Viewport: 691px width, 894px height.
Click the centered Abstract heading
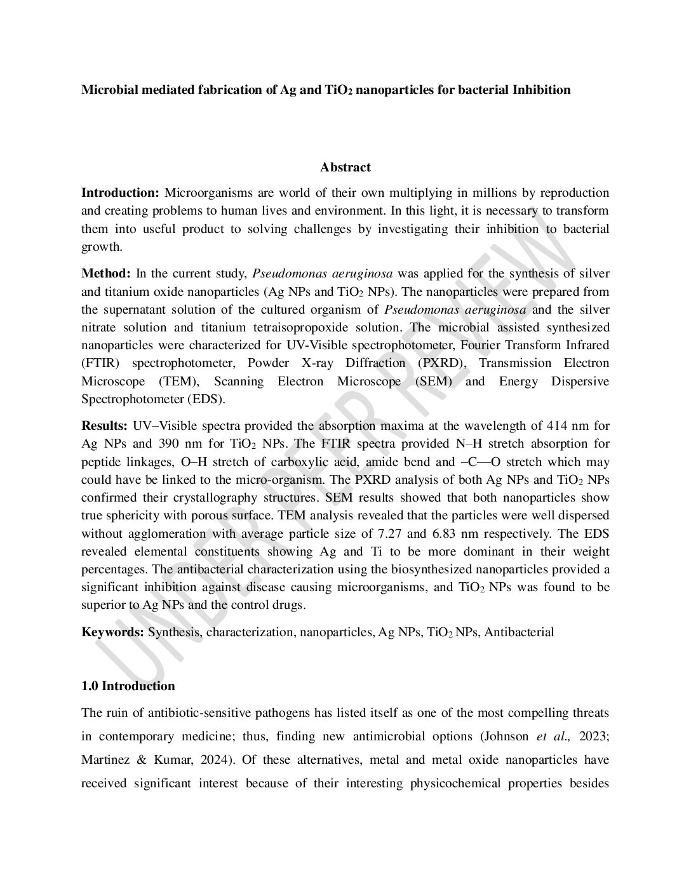[x=345, y=168]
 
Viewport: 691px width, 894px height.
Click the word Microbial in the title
[x=105, y=90]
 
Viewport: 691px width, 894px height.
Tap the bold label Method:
[x=106, y=274]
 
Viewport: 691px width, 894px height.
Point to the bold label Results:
[x=105, y=425]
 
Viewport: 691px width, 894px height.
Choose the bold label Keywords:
[x=112, y=632]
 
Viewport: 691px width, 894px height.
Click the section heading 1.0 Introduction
[x=128, y=686]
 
